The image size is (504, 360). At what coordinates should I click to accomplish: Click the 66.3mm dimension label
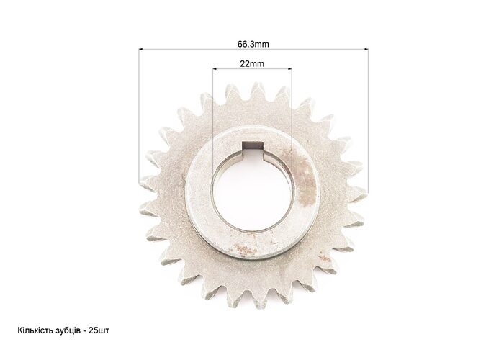click(253, 44)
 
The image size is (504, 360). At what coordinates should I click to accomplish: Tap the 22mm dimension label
click(252, 63)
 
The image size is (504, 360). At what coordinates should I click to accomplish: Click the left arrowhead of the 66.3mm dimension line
click(141, 49)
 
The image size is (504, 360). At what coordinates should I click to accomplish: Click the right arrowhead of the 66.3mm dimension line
click(366, 49)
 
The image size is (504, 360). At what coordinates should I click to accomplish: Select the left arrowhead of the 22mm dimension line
click(215, 68)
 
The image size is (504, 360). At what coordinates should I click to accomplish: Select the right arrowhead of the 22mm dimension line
click(289, 68)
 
